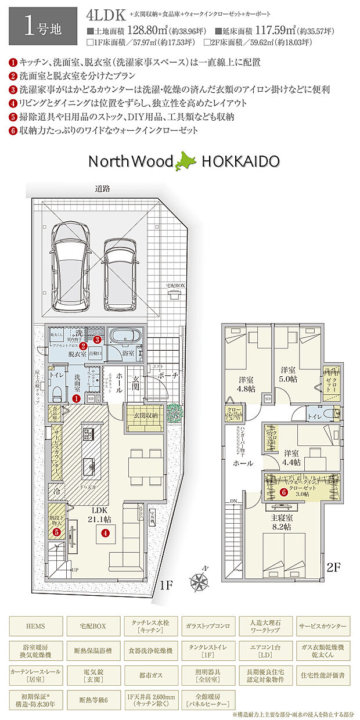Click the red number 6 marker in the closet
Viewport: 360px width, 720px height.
click(283, 492)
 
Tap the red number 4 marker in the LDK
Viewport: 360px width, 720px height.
click(105, 532)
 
